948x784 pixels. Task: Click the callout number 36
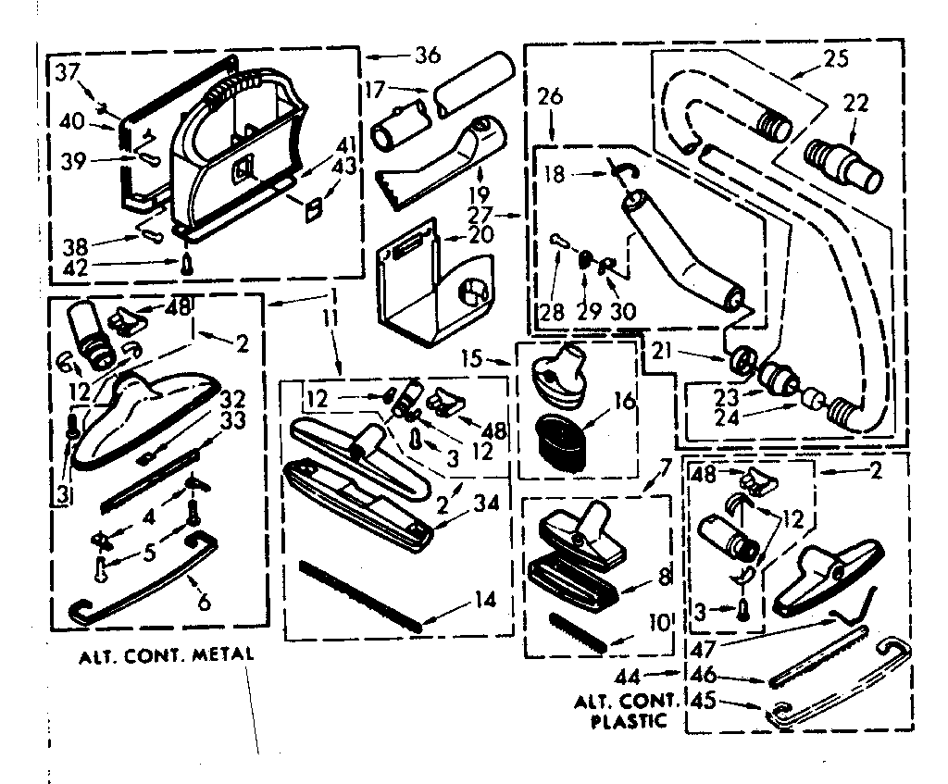(427, 55)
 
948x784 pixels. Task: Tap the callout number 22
(855, 104)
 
